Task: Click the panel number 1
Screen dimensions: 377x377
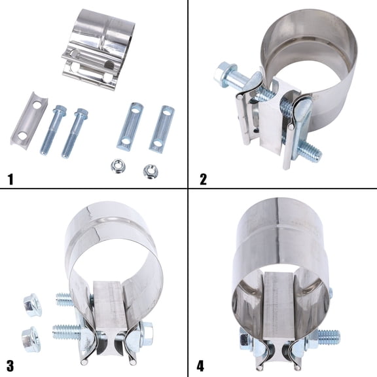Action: pyautogui.click(x=10, y=178)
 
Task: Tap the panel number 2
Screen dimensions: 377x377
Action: pyautogui.click(x=204, y=178)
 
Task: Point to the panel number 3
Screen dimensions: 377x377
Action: pyautogui.click(x=10, y=364)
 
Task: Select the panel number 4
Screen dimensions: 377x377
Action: pyautogui.click(x=202, y=364)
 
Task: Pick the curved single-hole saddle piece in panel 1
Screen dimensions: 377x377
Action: pyautogui.click(x=29, y=119)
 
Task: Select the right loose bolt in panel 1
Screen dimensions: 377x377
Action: pyautogui.click(x=74, y=132)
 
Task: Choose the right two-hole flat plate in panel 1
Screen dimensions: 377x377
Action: pyautogui.click(x=162, y=128)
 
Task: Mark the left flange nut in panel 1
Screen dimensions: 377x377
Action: pyautogui.click(x=119, y=166)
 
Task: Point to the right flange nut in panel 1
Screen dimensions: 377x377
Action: pyautogui.click(x=151, y=171)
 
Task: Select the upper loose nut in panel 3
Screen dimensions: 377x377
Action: pyautogui.click(x=31, y=306)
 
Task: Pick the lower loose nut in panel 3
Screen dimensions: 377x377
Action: pyautogui.click(x=29, y=338)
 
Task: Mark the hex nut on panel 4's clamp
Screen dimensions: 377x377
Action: pyautogui.click(x=245, y=340)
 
